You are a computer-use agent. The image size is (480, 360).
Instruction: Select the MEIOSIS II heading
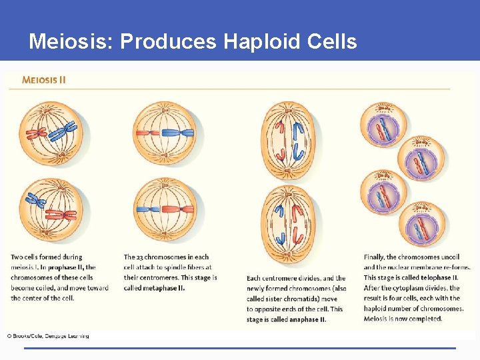point(44,79)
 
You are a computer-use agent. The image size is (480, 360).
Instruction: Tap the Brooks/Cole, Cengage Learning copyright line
point(48,335)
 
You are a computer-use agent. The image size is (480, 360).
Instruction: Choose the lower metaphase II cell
point(164,209)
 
